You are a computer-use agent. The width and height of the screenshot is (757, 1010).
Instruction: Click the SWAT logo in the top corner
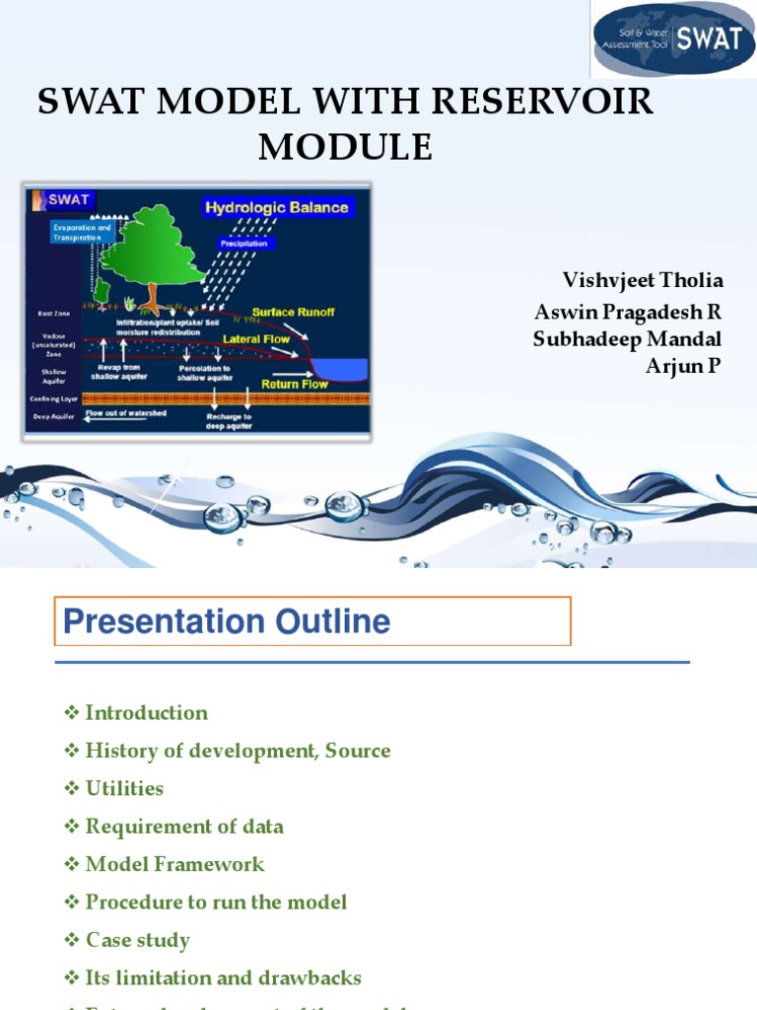click(x=673, y=40)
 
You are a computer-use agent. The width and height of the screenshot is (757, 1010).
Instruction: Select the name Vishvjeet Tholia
click(x=643, y=280)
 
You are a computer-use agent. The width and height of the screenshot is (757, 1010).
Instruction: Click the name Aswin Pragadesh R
click(x=628, y=312)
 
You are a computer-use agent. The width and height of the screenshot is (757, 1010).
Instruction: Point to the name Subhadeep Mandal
click(x=627, y=339)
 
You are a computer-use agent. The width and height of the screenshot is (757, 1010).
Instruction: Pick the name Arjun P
click(x=683, y=367)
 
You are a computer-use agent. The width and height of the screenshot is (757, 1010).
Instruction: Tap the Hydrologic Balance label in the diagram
click(x=276, y=207)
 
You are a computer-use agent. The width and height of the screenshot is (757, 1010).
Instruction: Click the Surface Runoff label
click(x=293, y=313)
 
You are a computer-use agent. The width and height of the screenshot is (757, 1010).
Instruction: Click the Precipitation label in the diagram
click(x=246, y=242)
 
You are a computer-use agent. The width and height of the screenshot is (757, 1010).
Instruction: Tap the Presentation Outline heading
click(x=227, y=621)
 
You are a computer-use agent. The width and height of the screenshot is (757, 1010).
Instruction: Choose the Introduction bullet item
click(x=146, y=713)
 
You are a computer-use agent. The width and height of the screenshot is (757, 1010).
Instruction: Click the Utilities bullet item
click(x=124, y=789)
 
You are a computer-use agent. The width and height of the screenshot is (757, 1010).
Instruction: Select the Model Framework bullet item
click(x=174, y=865)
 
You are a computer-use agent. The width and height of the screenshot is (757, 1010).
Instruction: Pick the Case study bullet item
click(x=137, y=940)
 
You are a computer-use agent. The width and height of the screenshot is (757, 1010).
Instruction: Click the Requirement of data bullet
click(x=184, y=827)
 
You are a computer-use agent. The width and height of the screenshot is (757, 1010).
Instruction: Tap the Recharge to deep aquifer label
click(x=229, y=422)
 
